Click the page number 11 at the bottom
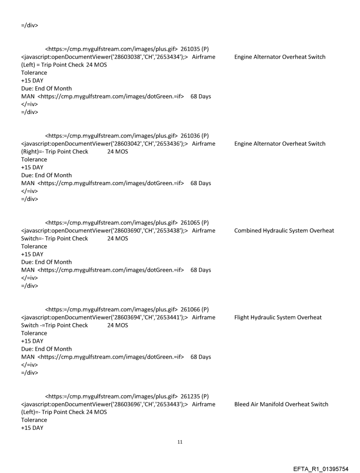coord(180,441)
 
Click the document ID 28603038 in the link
coord(114,57)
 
